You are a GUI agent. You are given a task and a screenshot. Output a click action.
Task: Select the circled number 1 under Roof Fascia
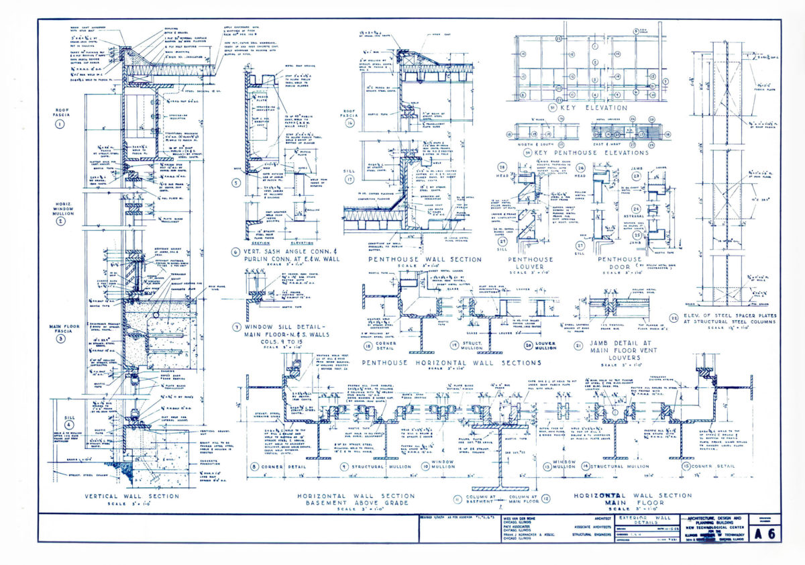[x=60, y=123]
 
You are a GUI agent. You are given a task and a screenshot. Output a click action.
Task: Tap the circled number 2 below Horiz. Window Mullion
[x=60, y=221]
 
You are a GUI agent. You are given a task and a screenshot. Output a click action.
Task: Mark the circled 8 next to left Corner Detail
[x=254, y=466]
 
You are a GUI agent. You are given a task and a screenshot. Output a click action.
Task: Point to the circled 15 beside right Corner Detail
[x=684, y=466]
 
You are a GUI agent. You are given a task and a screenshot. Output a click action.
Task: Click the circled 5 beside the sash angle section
[x=235, y=182]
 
